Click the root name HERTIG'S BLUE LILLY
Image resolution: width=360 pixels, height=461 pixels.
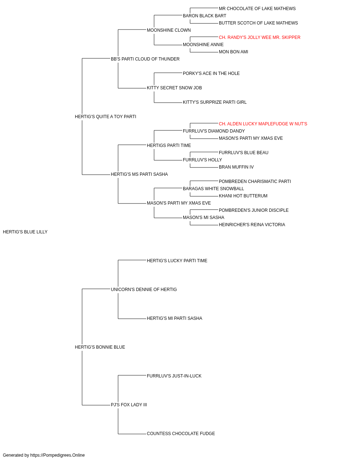[25, 232]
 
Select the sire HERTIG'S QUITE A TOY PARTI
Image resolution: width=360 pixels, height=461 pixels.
[105, 117]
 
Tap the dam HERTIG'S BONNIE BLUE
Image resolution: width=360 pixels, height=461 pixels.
[100, 347]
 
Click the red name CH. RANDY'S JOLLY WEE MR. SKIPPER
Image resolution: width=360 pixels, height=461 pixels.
[260, 37]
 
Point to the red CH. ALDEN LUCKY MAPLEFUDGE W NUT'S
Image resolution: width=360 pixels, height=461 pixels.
[263, 124]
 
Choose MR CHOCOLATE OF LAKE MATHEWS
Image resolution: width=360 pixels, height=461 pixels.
[257, 9]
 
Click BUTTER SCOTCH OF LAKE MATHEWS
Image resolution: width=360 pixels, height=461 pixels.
[258, 23]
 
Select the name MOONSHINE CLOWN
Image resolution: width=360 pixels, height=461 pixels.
[169, 30]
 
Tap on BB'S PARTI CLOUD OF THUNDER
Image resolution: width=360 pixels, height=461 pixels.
[145, 59]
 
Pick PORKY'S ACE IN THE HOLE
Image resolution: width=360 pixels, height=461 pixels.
[211, 73]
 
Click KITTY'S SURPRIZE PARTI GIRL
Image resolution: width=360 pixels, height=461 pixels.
[215, 102]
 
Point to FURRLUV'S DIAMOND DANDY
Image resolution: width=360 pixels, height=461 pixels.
[214, 131]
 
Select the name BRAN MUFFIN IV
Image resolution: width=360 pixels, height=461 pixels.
[236, 167]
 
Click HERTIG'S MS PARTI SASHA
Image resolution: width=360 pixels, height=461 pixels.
[139, 174]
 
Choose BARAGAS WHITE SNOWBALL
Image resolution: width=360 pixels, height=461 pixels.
[213, 189]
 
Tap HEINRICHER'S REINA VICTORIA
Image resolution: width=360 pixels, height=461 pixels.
[252, 225]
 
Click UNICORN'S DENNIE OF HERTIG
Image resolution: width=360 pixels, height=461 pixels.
[144, 290]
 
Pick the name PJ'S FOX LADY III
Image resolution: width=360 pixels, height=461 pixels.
[129, 405]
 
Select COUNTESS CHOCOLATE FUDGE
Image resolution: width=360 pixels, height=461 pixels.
[181, 434]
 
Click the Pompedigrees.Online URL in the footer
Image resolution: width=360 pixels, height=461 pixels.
[58, 455]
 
